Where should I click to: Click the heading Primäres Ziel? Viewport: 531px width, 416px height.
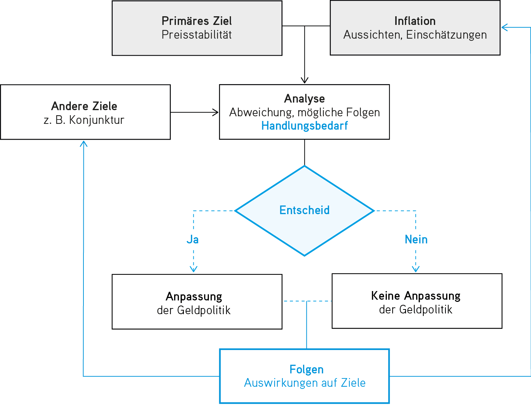coord(197,21)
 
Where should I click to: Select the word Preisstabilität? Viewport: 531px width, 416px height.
coord(197,35)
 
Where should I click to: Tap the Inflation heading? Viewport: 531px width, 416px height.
coord(415,21)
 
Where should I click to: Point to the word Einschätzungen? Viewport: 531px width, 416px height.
coord(446,35)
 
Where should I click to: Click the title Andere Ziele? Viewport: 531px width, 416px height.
coord(84,106)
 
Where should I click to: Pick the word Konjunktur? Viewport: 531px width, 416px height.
coord(97,120)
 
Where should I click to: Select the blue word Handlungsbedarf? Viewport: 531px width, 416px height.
coord(305,126)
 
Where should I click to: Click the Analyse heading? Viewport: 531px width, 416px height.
coord(305,99)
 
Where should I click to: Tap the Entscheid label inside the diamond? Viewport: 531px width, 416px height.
coord(305,210)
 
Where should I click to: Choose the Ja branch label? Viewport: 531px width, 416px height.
coord(193,240)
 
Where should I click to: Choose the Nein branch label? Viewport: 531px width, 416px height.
coord(416,240)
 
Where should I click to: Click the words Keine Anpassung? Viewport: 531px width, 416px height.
coord(416,296)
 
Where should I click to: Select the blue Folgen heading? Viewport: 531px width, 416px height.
coord(306,369)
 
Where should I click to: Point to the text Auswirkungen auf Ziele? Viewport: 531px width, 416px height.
coord(305,383)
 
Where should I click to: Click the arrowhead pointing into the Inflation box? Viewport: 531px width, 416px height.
coord(504,27)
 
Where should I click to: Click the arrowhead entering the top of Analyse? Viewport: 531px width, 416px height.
coord(305,81)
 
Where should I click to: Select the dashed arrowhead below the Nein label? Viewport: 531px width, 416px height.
coord(416,269)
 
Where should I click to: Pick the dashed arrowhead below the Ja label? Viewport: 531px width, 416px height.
coord(194,269)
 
